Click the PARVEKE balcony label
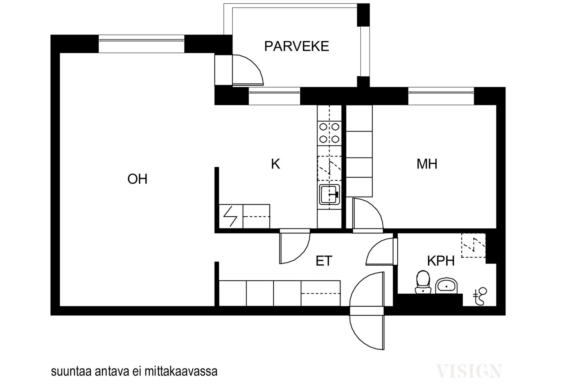pos(297,46)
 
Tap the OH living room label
pos(137,179)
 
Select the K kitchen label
pos(275,164)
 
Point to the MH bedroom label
pos(427,164)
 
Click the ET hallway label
pos(324,261)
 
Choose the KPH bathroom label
pos(441,261)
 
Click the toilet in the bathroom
pos(423,282)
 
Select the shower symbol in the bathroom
pos(480,296)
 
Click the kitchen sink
pos(329,195)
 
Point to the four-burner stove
pos(329,133)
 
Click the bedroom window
pos(441,96)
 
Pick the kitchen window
pos(274,96)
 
